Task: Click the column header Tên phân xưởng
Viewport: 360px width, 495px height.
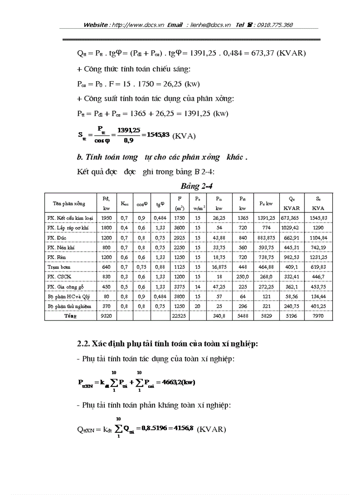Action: point(69,204)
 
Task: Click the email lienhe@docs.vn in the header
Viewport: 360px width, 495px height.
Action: point(210,25)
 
